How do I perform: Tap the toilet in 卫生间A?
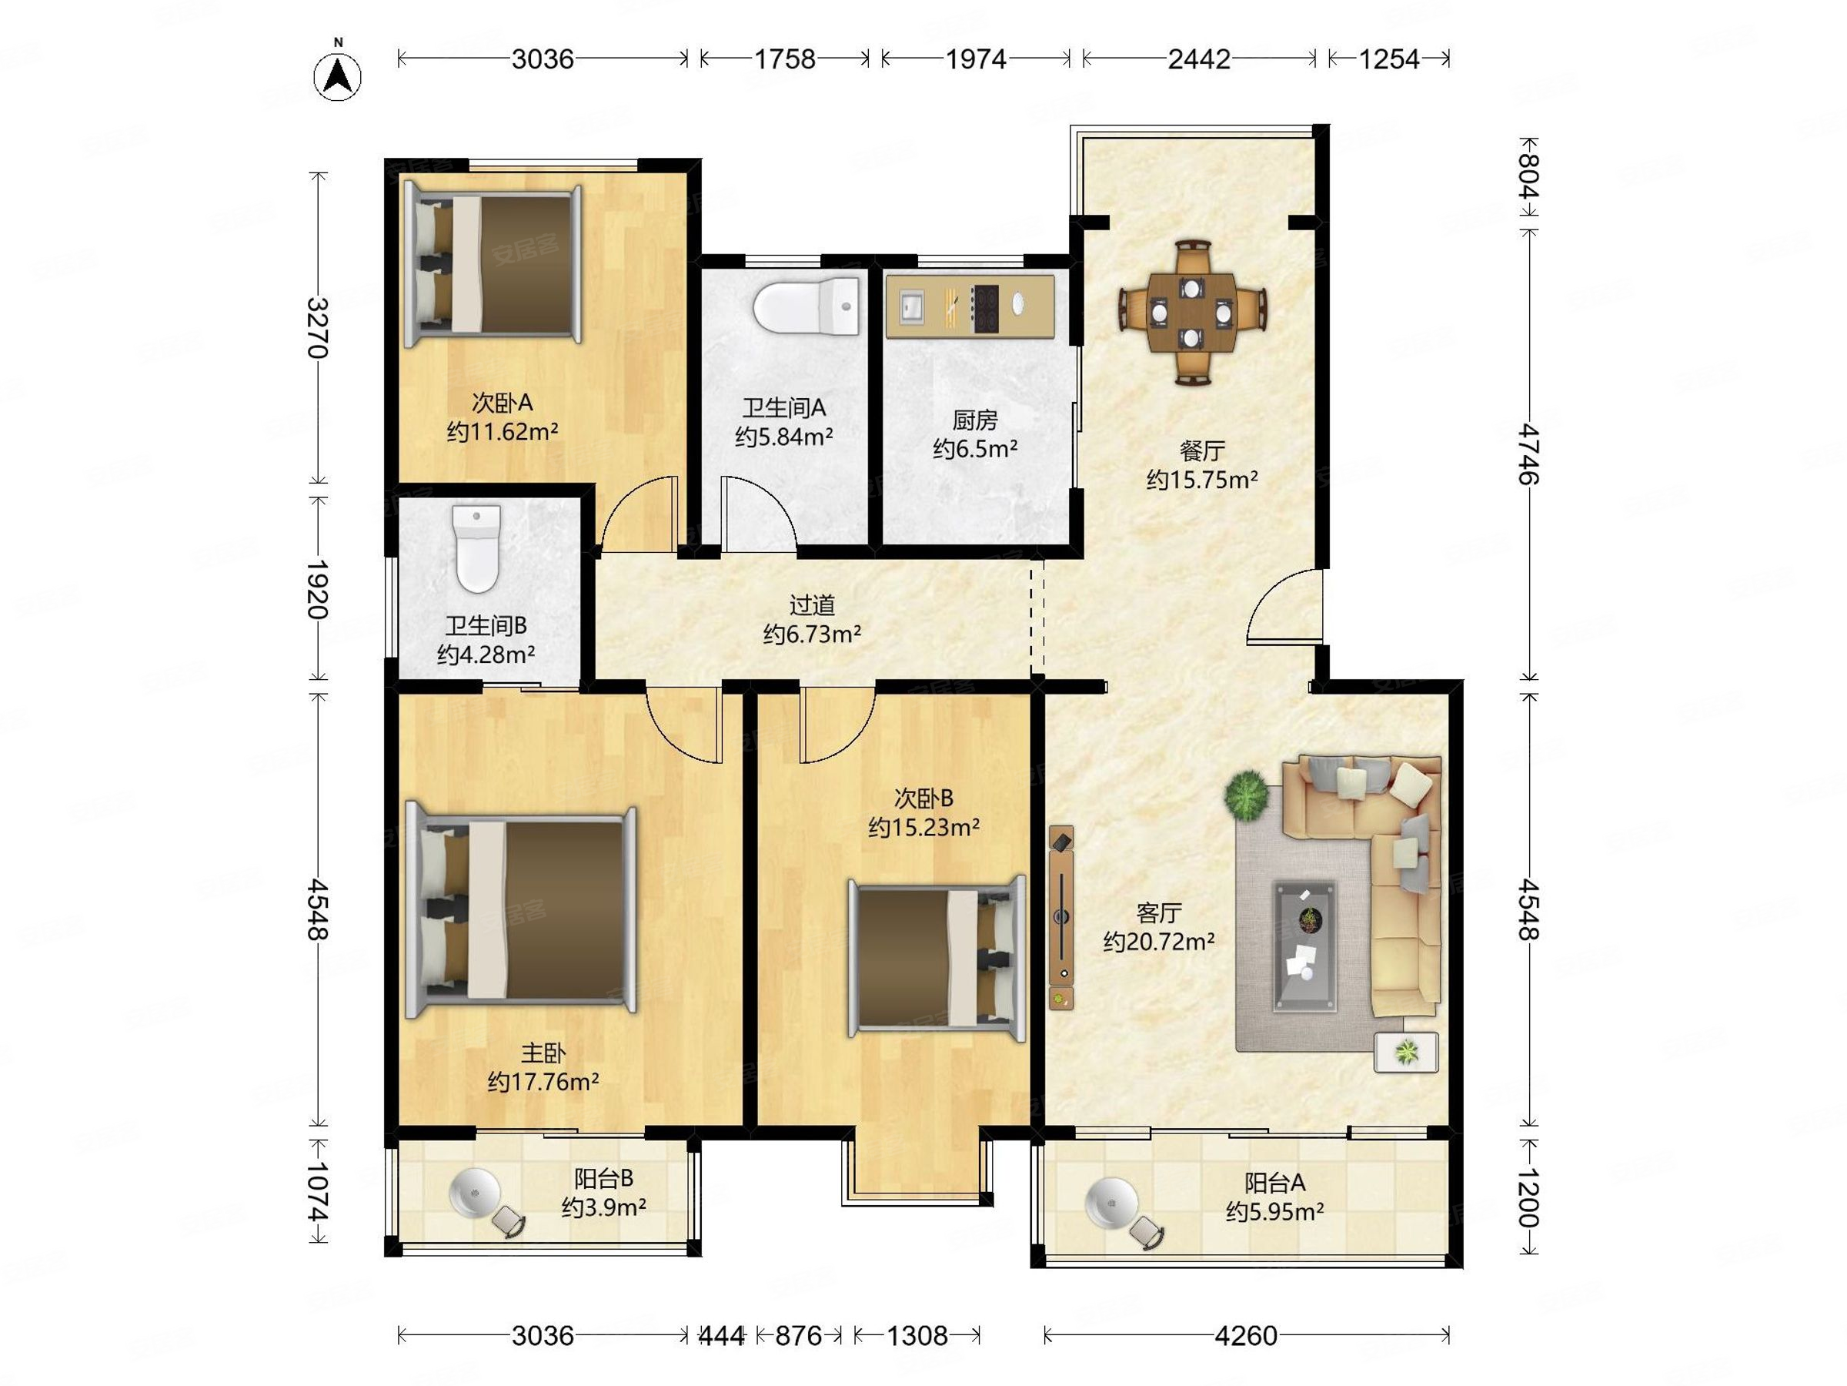[807, 306]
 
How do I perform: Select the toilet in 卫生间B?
[477, 548]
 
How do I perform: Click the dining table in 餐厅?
[1192, 313]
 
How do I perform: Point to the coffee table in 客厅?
[1304, 946]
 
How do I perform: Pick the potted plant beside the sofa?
[1247, 795]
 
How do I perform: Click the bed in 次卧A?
[493, 265]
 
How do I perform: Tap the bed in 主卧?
[520, 911]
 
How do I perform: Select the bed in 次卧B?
[937, 957]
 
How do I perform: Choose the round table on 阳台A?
[1111, 1203]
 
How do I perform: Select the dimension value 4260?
[1246, 1336]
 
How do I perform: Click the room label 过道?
[813, 604]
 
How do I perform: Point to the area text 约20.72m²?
[1159, 942]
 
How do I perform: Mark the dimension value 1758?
[785, 59]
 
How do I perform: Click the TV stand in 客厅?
[1061, 917]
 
